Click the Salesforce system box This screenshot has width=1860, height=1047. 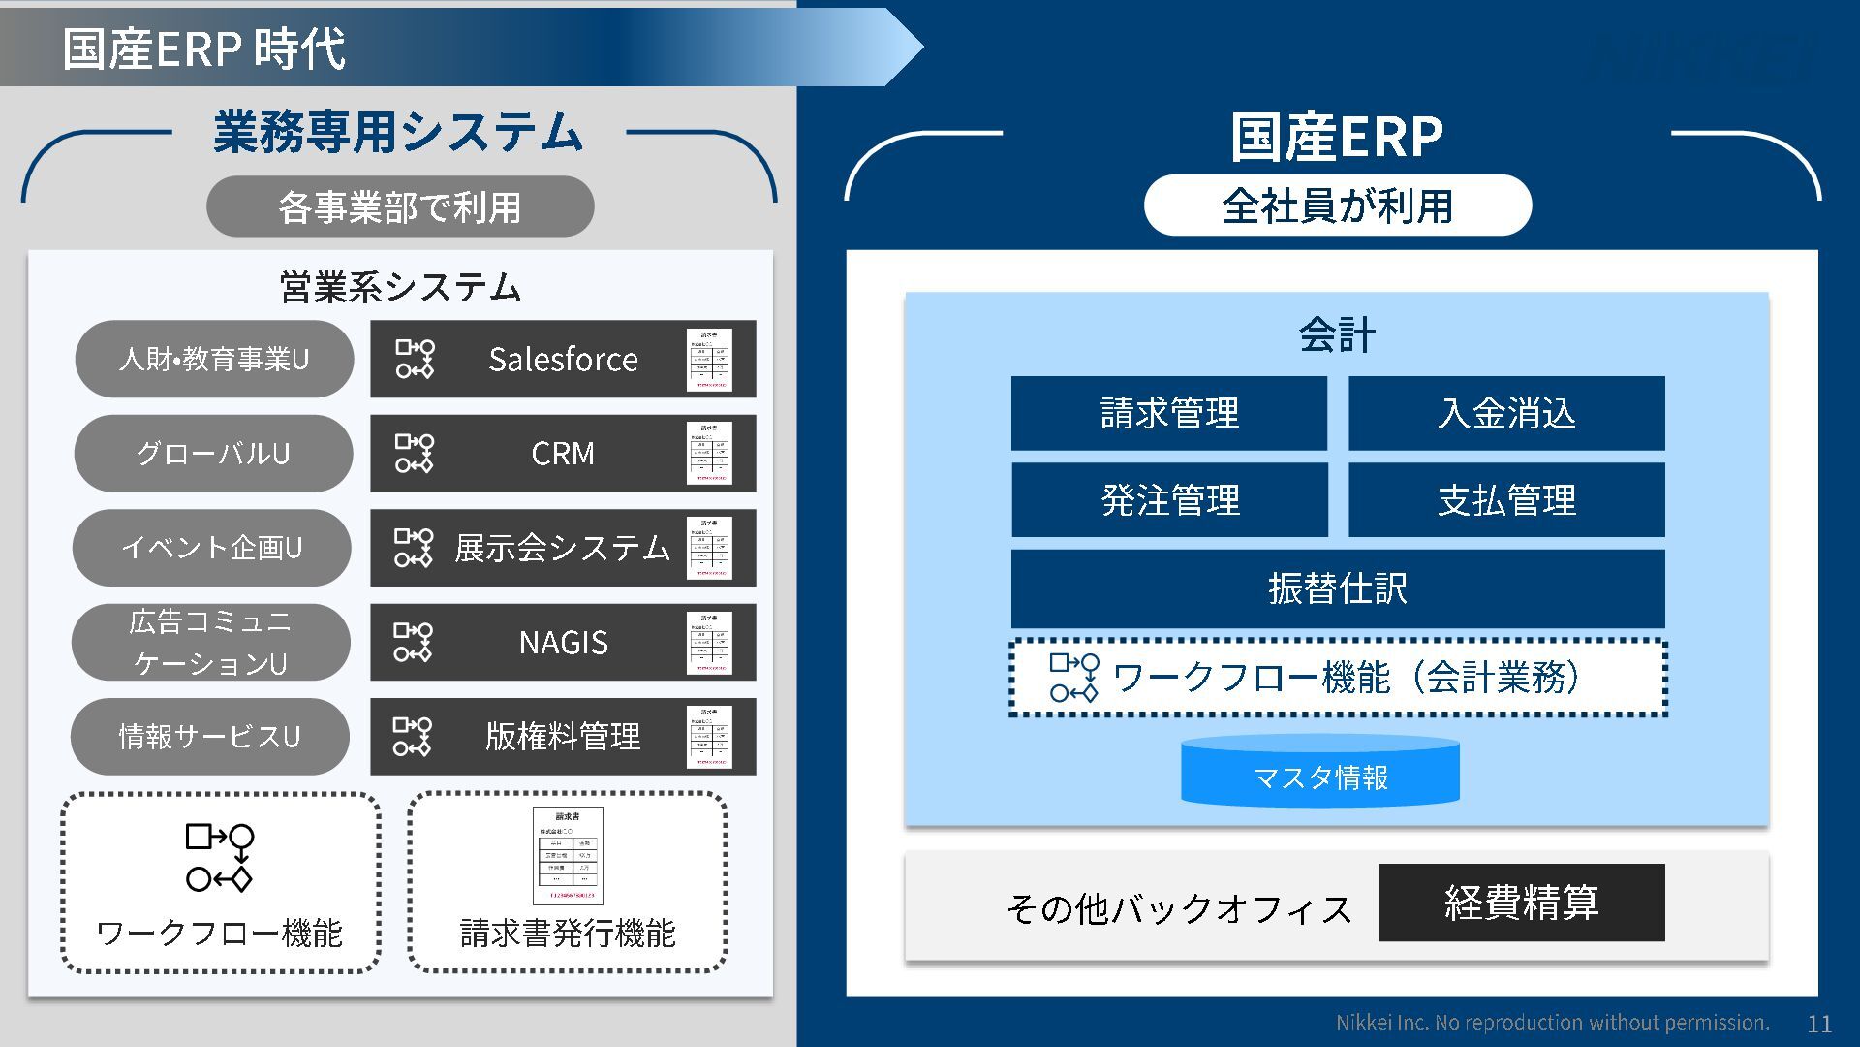563,359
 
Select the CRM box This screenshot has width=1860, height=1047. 563,453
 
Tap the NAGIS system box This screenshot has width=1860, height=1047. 563,642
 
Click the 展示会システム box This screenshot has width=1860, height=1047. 563,548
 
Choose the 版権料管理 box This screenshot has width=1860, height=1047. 563,736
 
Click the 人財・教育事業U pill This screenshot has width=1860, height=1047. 214,359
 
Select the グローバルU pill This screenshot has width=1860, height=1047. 213,453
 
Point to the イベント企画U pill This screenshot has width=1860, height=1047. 211,548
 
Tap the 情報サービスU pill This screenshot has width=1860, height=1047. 209,736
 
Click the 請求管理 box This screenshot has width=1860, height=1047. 1169,413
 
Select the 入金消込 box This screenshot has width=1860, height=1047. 1506,413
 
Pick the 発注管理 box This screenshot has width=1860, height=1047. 1169,499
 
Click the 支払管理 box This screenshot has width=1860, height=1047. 1506,499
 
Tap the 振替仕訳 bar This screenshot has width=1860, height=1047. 1338,588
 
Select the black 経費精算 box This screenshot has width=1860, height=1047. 1522,903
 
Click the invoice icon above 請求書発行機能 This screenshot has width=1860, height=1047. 568,855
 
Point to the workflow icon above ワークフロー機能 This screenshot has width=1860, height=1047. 220,858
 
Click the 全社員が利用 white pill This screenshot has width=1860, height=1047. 1338,206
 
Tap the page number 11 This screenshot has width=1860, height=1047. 1819,1024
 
